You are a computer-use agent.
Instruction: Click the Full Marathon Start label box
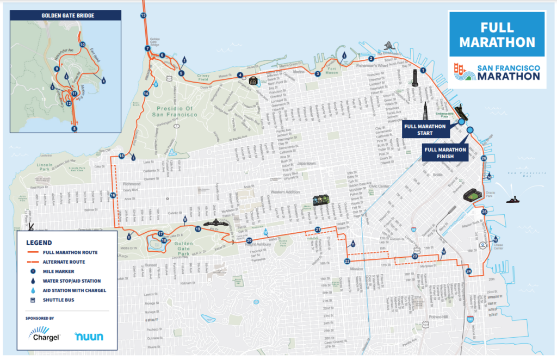click(x=424, y=129)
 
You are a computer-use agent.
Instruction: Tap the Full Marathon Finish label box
click(x=444, y=153)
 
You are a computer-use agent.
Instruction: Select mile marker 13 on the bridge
click(x=143, y=16)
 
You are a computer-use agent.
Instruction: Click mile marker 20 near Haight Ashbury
click(x=249, y=240)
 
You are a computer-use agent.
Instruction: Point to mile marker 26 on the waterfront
click(x=484, y=158)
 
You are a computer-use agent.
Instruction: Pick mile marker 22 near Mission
click(x=346, y=262)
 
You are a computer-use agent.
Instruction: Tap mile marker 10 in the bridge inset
click(x=83, y=45)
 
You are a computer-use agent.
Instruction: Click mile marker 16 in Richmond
click(x=113, y=195)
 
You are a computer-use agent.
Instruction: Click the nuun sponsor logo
click(x=89, y=336)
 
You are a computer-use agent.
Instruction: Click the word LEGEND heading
click(x=39, y=243)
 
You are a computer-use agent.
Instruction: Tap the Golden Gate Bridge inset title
click(x=68, y=16)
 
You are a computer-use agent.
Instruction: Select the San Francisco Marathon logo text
click(x=509, y=71)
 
